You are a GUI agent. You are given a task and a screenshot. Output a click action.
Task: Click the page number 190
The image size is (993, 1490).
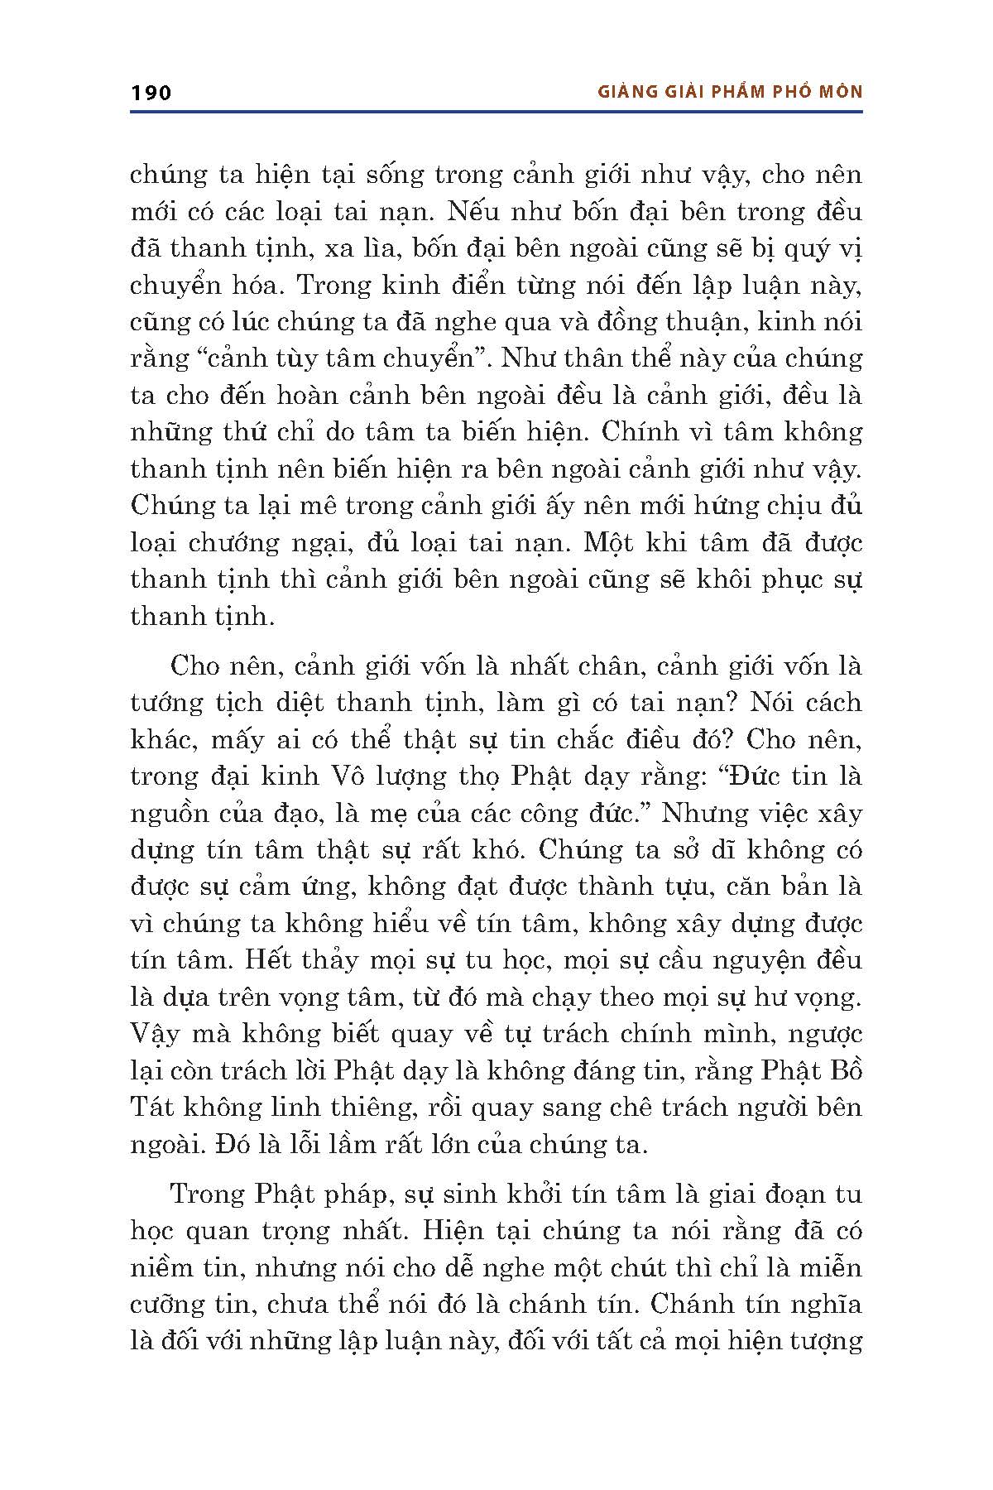(151, 92)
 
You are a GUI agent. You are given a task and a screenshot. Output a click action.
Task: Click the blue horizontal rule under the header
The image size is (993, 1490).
(496, 111)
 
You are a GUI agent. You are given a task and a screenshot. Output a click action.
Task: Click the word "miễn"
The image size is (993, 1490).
(830, 1267)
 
